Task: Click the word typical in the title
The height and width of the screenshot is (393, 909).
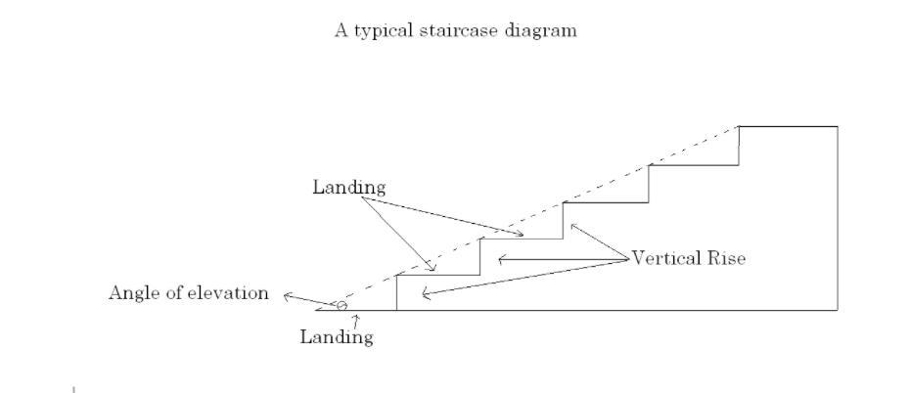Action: [381, 30]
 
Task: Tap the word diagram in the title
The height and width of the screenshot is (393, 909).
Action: [543, 30]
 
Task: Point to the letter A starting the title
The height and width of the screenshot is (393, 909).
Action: [341, 29]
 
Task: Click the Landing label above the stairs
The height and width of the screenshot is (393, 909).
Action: [349, 187]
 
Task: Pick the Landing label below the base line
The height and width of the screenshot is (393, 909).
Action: [336, 338]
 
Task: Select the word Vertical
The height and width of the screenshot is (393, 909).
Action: [668, 259]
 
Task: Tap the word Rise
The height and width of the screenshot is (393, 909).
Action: [727, 259]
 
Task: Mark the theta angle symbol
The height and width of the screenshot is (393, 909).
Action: [341, 306]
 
